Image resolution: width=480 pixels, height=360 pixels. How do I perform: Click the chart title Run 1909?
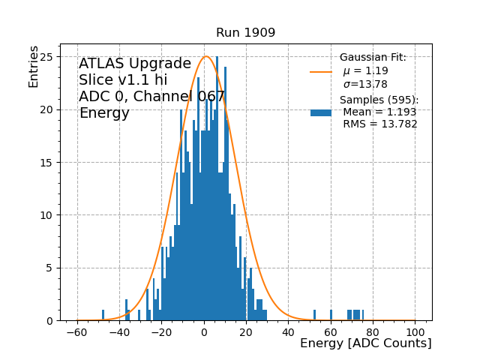[x=245, y=33]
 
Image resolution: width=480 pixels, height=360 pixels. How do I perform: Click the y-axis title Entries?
[x=34, y=66]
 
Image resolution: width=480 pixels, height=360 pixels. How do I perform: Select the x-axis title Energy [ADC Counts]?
[x=365, y=343]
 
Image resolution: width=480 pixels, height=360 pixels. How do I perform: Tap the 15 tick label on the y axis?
[x=49, y=163]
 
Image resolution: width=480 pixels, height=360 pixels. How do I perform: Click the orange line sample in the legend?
[x=321, y=72]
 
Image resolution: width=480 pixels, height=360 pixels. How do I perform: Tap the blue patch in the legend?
[x=321, y=112]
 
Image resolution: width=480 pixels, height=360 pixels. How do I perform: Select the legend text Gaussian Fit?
[x=373, y=58]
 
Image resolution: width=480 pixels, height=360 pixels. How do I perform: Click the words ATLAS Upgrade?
[x=135, y=64]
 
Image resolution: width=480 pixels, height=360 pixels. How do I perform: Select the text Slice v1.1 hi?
[x=123, y=81]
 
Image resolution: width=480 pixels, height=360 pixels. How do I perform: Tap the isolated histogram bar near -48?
[x=103, y=315]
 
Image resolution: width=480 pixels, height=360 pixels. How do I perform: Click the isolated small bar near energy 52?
[x=314, y=315]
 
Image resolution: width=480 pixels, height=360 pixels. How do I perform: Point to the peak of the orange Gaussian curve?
[x=207, y=56]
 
